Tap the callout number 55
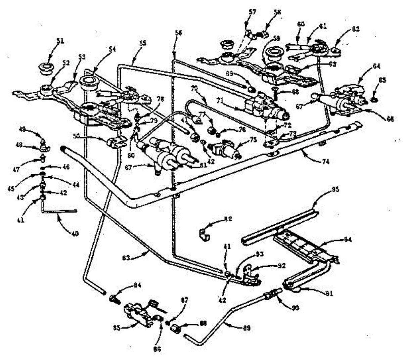(x=143, y=44)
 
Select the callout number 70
(x=194, y=89)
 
